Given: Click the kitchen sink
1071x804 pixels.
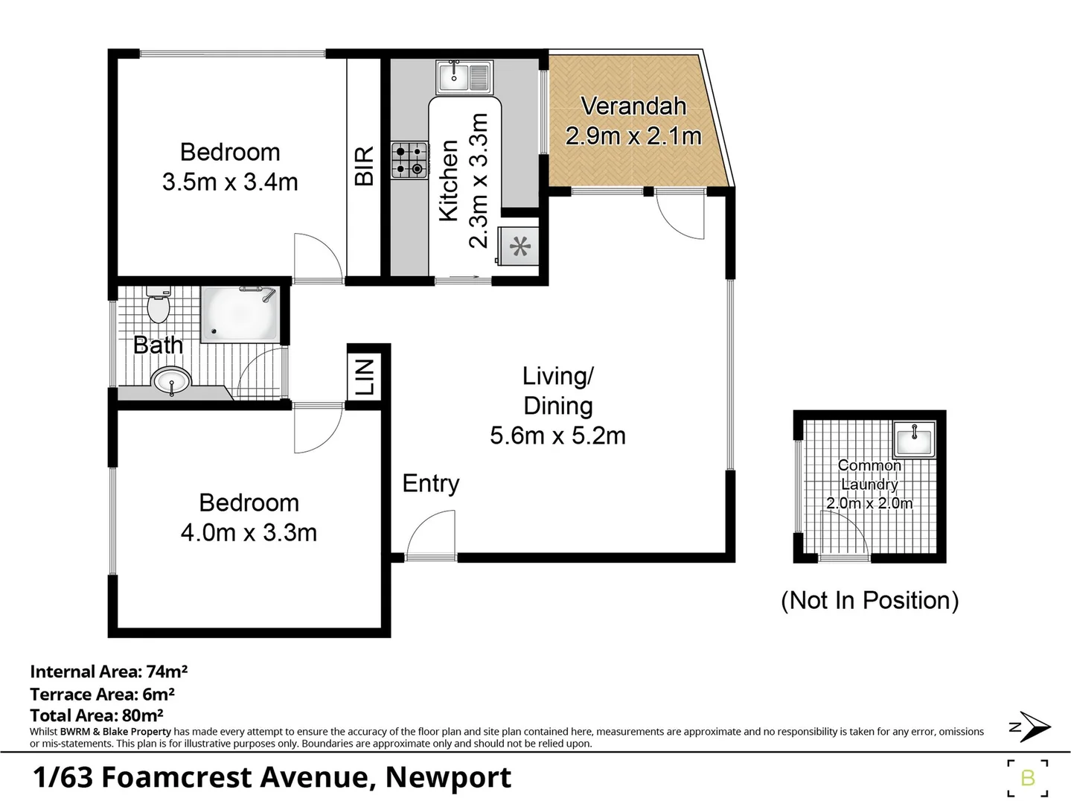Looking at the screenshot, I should point(464,76).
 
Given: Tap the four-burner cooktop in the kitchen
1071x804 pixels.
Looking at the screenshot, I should point(409,161).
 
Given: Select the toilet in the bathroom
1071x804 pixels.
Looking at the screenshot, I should point(158,305).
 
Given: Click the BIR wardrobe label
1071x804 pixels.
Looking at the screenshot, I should point(364,165).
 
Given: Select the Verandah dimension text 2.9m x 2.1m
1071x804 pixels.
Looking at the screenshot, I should point(633,136).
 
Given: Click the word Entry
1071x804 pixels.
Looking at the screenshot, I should point(430,483).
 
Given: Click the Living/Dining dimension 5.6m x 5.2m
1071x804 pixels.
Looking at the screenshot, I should point(557,435).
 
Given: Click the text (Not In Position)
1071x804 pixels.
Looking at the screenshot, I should point(869,600).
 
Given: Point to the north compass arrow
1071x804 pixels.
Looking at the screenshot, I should point(1031,727).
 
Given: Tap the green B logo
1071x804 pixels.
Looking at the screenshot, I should point(1028,778).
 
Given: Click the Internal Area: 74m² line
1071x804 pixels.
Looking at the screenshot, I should point(109,671).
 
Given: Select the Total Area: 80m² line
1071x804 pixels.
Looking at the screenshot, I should point(97,715).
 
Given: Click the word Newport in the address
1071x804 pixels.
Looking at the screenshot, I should point(448,777).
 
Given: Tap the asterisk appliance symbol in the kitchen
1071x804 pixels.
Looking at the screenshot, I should point(519,246).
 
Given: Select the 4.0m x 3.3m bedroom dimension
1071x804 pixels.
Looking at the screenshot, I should point(249,533).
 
